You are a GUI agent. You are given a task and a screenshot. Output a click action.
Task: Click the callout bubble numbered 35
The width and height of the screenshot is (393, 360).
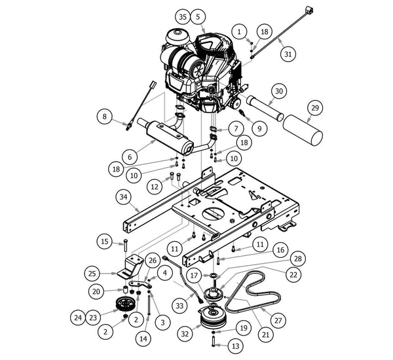click(x=183, y=16)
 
